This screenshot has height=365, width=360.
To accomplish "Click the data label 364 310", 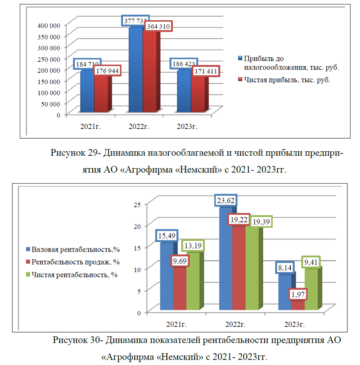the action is pyautogui.click(x=158, y=26).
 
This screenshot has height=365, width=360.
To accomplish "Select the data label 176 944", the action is pyautogui.click(x=107, y=71).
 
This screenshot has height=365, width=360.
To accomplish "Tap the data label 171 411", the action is pyautogui.click(x=206, y=71).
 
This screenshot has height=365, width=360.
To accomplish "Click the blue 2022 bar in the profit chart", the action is pyautogui.click(x=135, y=70).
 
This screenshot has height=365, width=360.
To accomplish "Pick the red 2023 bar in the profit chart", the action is pyautogui.click(x=198, y=94).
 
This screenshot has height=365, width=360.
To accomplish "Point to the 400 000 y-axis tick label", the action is pyautogui.click(x=49, y=25).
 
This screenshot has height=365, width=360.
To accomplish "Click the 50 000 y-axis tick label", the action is pyautogui.click(x=51, y=104).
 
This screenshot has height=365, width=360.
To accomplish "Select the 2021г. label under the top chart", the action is pyautogui.click(x=90, y=126).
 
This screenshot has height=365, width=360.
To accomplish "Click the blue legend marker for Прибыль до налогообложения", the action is pyautogui.click(x=240, y=58).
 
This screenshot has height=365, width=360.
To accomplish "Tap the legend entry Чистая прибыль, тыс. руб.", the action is pyautogui.click(x=287, y=80).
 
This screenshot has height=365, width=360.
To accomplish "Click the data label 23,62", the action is pyautogui.click(x=226, y=200).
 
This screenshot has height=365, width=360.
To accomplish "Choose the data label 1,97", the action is pyautogui.click(x=298, y=294).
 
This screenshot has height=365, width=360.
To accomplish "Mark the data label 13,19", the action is pyautogui.click(x=193, y=246).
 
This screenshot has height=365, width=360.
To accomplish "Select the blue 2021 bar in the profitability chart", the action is pyautogui.click(x=167, y=276).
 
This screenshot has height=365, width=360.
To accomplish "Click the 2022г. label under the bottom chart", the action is pyautogui.click(x=235, y=324).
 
